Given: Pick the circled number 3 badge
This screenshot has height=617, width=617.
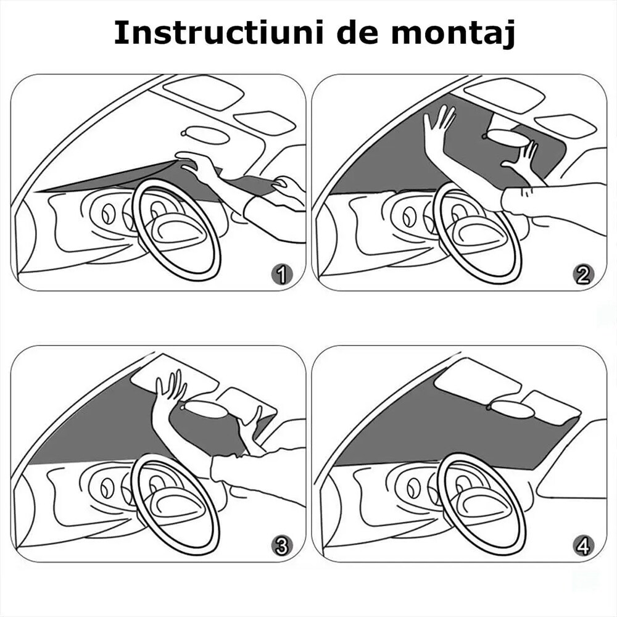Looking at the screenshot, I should [x=282, y=545].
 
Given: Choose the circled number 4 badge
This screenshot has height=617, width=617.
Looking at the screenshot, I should [x=583, y=545].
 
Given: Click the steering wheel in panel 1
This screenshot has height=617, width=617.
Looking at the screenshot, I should [x=176, y=228].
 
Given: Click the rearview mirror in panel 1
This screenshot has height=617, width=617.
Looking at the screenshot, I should [x=207, y=135].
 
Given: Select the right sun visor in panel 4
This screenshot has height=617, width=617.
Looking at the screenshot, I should [x=550, y=407].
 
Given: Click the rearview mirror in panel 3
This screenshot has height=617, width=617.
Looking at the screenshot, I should [x=207, y=408].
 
